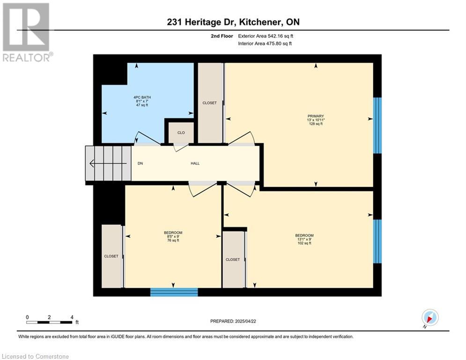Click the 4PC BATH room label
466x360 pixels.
coord(142,97)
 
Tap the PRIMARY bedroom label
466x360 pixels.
coord(316,116)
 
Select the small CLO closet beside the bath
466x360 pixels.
coord(181,133)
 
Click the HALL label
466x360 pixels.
coord(195,163)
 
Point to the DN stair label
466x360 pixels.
coord(141,163)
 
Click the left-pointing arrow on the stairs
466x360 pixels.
coord(108,163)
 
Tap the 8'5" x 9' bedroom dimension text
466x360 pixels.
coord(173,237)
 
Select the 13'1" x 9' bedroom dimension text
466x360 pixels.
coord(304,239)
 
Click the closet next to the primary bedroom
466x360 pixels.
coord(210,103)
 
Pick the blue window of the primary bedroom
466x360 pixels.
coord(377,125)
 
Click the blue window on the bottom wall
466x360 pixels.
coord(174,292)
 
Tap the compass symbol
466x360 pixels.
coord(430,317)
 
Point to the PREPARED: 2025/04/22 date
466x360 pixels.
coord(233,321)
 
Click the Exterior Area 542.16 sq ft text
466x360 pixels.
coord(266,36)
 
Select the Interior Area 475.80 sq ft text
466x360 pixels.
coord(265,44)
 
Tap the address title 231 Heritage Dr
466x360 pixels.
coord(198,22)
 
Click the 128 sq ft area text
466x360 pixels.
coord(316,124)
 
